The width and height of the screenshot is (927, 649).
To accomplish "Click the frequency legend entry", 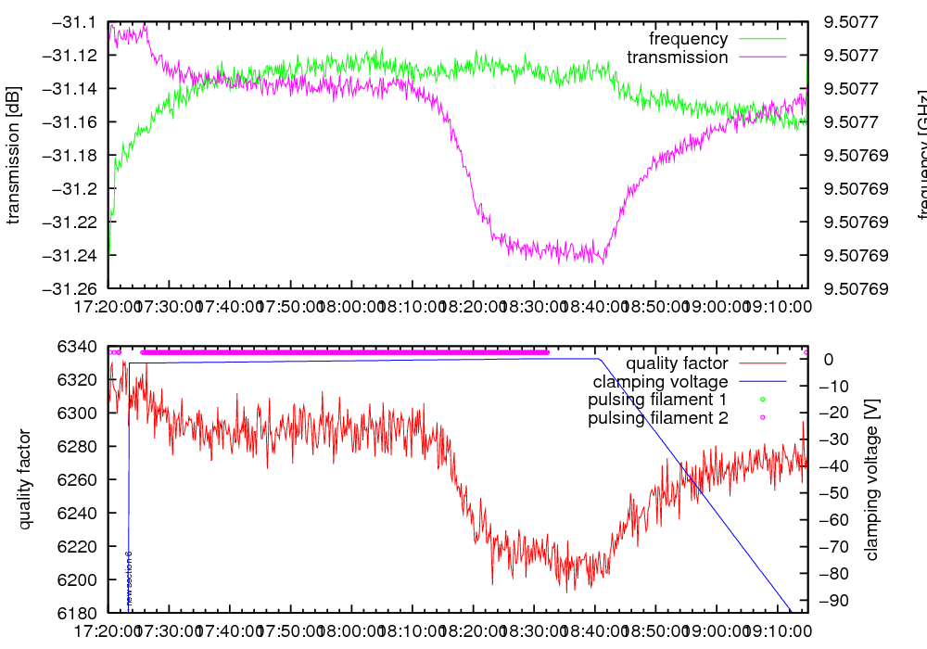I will [688, 39].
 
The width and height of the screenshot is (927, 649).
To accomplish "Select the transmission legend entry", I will [677, 57].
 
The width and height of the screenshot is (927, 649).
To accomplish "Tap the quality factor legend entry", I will [676, 363].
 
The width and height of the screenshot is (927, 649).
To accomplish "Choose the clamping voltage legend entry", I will [659, 382].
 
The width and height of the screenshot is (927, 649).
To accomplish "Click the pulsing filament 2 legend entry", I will [657, 419].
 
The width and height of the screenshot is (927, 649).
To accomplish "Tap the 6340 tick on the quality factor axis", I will [81, 347].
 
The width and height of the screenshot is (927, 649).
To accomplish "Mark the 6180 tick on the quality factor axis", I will [81, 613].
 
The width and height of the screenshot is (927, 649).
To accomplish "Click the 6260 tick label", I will [81, 479].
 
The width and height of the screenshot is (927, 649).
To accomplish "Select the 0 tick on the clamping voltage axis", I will [829, 360].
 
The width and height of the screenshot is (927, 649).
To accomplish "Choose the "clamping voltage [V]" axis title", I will [871, 479].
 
